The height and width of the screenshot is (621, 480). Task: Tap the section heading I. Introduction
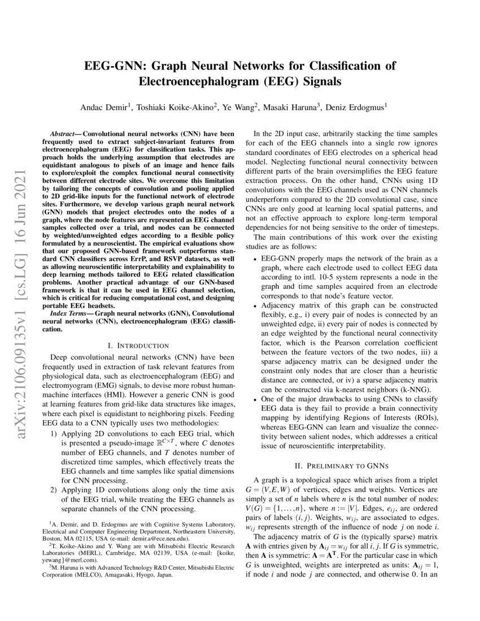tap(138, 345)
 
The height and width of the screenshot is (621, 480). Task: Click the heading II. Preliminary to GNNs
tap(343, 466)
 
